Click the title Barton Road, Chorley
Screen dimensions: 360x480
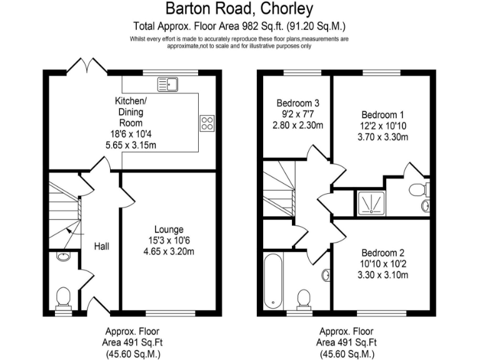pos(240,9)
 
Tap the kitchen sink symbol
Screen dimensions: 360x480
pos(167,84)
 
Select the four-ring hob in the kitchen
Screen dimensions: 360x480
pos(207,124)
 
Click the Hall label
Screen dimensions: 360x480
pos(102,247)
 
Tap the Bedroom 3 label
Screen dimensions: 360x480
pos(297,103)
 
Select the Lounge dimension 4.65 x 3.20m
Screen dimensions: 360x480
pos(169,252)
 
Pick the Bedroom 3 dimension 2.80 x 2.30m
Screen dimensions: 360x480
pos(297,125)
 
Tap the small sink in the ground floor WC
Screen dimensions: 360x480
pos(62,257)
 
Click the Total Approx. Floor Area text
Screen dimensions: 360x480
pos(240,27)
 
